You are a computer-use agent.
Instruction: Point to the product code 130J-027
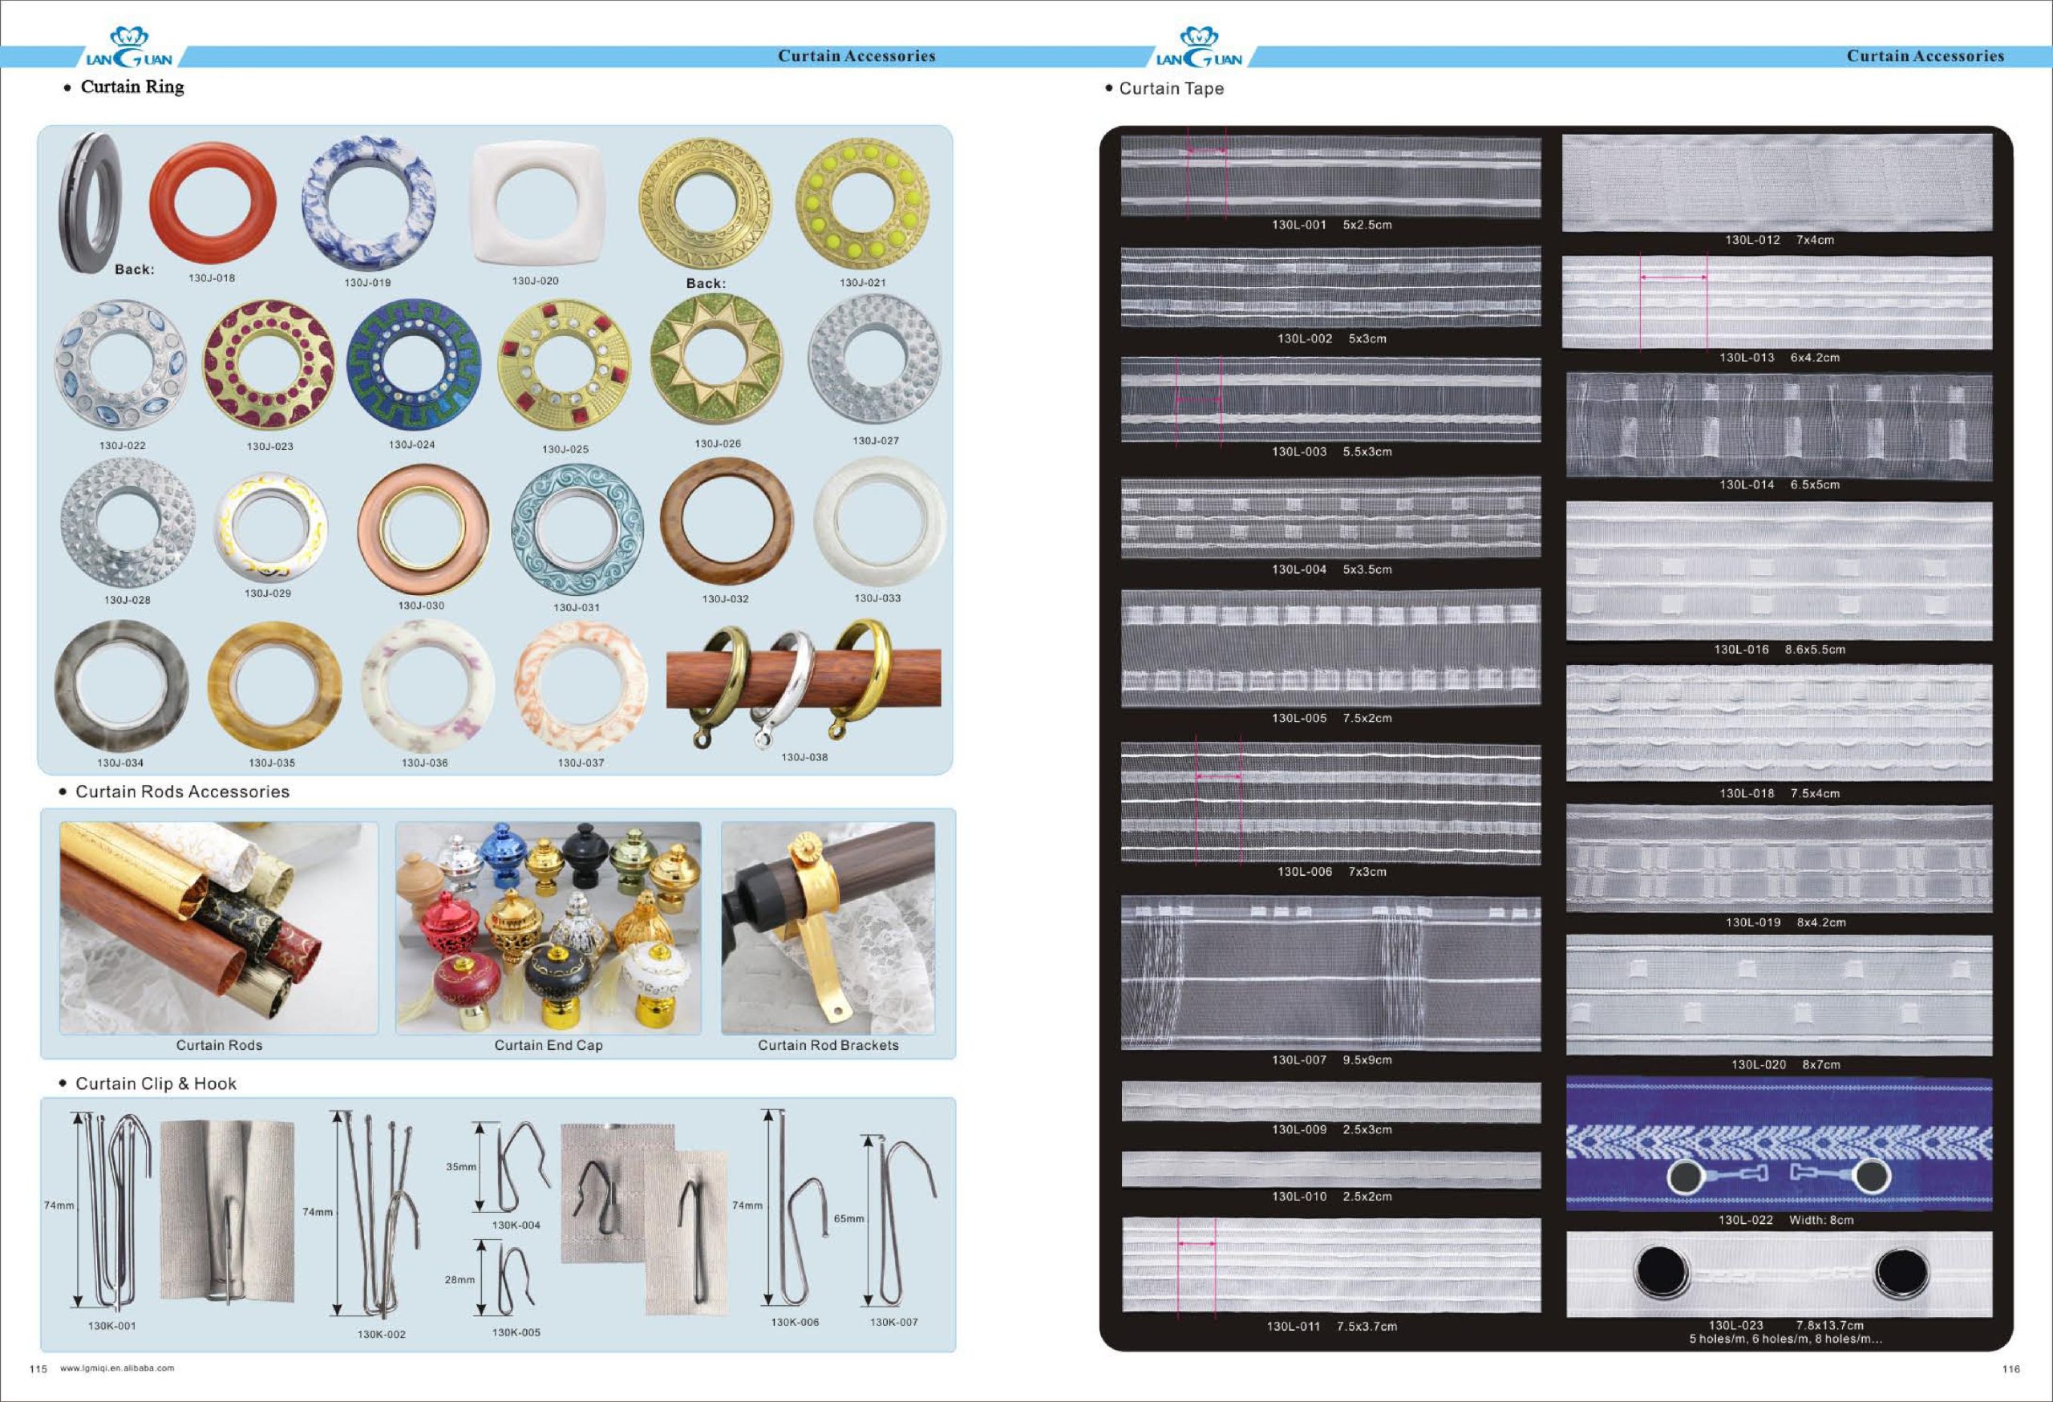pyautogui.click(x=876, y=440)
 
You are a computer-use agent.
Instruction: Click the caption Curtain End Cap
pyautogui.click(x=549, y=1045)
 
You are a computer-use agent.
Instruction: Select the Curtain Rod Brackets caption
pyautogui.click(x=828, y=1045)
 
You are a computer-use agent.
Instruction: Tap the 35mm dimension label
pyautogui.click(x=460, y=1166)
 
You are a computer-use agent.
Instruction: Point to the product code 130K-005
pyautogui.click(x=516, y=1332)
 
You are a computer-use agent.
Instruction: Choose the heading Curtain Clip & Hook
pyautogui.click(x=156, y=1083)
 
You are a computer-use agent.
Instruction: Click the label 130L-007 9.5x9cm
pyautogui.click(x=1331, y=1060)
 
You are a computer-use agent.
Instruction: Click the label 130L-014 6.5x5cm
pyautogui.click(x=1780, y=484)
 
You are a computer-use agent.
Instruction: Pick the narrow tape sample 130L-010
pyautogui.click(x=1330, y=1169)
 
